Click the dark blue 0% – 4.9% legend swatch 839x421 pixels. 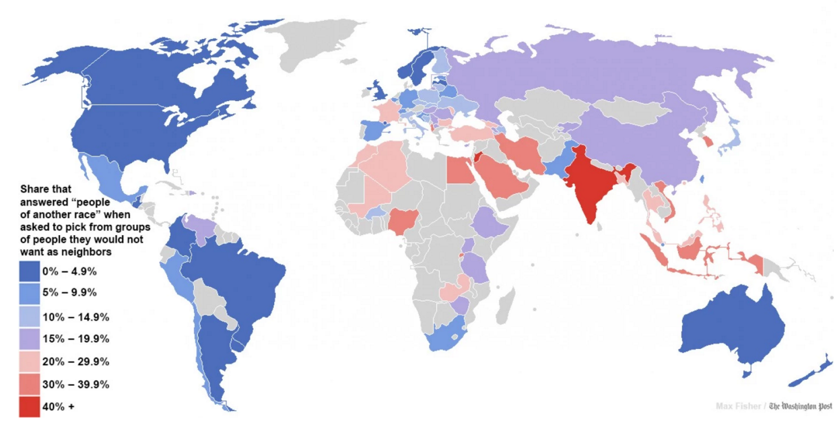(x=30, y=271)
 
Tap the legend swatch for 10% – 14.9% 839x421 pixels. (x=30, y=317)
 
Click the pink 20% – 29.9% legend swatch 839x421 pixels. (x=30, y=362)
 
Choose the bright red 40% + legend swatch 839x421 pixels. (x=30, y=406)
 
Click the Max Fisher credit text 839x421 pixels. (x=739, y=406)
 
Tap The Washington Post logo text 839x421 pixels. (x=801, y=406)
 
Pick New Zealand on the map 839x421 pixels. (x=811, y=370)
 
